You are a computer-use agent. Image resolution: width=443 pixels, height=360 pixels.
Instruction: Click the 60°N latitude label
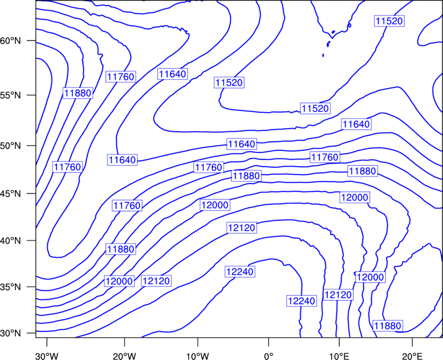point(11,41)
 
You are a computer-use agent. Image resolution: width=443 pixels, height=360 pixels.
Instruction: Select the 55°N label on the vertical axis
point(11,95)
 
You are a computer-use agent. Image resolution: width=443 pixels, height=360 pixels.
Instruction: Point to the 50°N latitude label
point(11,146)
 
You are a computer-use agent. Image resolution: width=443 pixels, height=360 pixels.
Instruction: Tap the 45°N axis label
point(11,193)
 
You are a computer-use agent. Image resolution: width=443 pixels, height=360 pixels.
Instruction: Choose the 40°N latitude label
point(11,241)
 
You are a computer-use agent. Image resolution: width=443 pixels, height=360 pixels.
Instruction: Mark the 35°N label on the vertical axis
point(11,287)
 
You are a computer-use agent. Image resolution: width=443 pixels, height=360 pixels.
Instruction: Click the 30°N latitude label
point(11,333)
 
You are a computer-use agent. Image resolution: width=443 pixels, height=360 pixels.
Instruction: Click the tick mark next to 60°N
point(32,40)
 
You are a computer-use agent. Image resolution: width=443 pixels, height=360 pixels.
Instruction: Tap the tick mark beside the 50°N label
point(32,146)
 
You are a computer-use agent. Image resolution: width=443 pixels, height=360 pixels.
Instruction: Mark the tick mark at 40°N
point(32,240)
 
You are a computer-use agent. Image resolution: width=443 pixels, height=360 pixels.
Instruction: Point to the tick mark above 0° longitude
point(269,342)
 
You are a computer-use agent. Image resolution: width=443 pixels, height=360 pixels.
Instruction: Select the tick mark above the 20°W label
point(124,342)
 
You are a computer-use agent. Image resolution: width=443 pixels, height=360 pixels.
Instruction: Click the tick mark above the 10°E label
point(339,342)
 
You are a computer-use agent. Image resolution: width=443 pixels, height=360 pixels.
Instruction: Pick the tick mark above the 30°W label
point(47,342)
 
